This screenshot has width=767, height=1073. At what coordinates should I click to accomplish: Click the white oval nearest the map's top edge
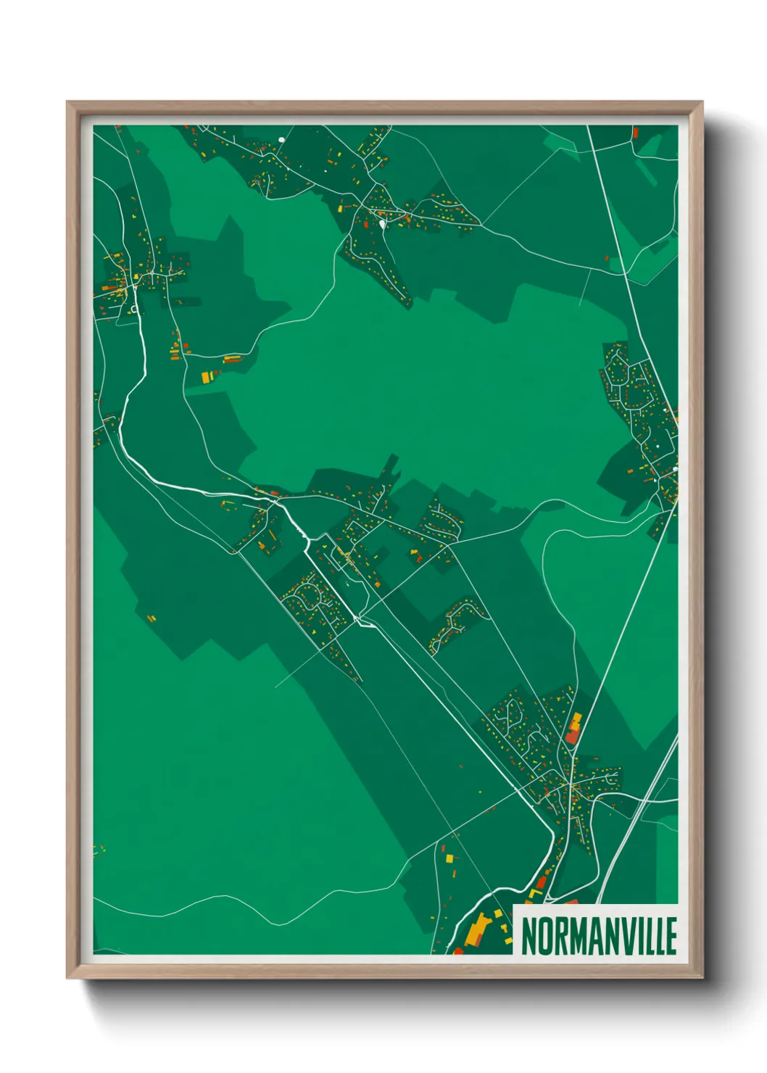point(281,140)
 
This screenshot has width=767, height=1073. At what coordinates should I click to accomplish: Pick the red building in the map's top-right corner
point(635,133)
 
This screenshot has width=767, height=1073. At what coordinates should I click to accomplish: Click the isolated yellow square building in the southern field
point(449,858)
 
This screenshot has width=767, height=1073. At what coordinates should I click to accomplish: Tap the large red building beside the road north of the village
point(571,735)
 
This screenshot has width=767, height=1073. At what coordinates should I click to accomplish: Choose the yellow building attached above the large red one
point(576,721)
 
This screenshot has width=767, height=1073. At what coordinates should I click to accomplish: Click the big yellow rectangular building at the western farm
point(206,377)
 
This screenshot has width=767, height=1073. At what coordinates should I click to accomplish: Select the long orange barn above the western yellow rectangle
point(232,359)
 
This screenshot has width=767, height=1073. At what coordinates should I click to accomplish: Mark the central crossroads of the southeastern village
point(571,784)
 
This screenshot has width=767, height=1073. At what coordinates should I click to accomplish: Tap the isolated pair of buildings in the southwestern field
point(152,618)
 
